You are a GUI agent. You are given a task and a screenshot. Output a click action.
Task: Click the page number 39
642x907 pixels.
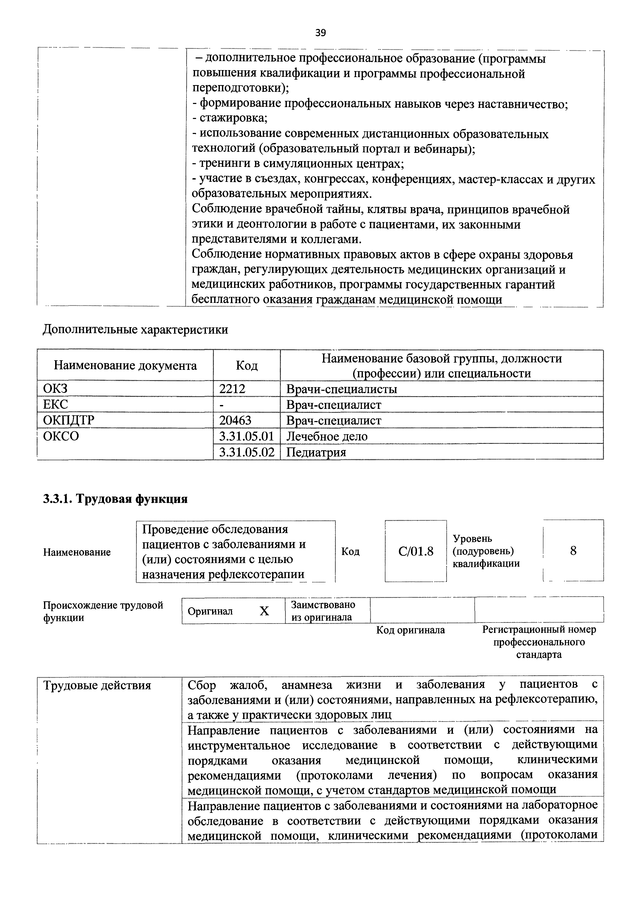320,33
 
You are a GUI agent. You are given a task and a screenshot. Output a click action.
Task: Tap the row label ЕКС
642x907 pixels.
55,404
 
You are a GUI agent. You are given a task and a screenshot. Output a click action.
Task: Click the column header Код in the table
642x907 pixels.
247,365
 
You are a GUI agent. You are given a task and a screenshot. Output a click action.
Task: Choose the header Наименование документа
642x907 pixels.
125,365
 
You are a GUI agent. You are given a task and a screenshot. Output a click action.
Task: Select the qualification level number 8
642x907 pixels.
573,551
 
